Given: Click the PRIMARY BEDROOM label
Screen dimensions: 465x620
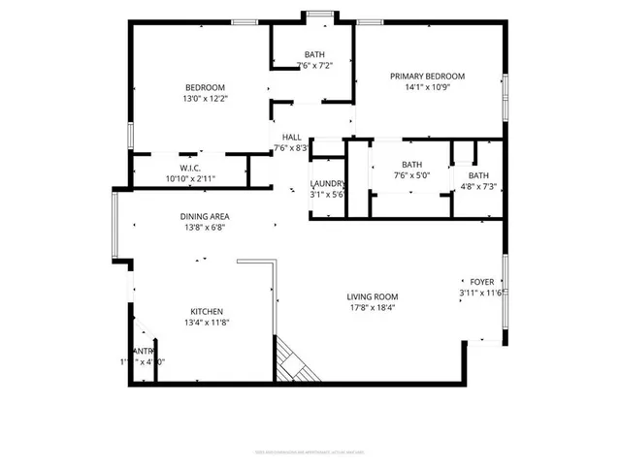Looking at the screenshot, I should (427, 77).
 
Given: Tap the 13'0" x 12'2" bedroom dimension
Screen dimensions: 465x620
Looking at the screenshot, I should (205, 99).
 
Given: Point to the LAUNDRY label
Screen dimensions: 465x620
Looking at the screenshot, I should (326, 183).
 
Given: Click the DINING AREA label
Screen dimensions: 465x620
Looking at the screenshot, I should (204, 216).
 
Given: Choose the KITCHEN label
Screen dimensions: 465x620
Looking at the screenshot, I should (207, 311).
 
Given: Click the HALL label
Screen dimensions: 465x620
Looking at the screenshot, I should (291, 138).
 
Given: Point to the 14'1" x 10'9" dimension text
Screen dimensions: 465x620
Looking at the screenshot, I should (427, 88).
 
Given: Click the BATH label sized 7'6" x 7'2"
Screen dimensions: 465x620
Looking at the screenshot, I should (314, 54).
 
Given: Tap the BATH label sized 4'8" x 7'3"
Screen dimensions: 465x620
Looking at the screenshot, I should (480, 174).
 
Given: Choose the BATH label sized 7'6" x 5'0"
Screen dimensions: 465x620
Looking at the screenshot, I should (412, 165).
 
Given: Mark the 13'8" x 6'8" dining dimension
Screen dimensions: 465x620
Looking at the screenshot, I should (204, 228).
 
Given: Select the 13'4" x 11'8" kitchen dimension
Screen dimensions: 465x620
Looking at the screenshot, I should (207, 323).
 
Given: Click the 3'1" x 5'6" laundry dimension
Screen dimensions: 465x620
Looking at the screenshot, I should (326, 195).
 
